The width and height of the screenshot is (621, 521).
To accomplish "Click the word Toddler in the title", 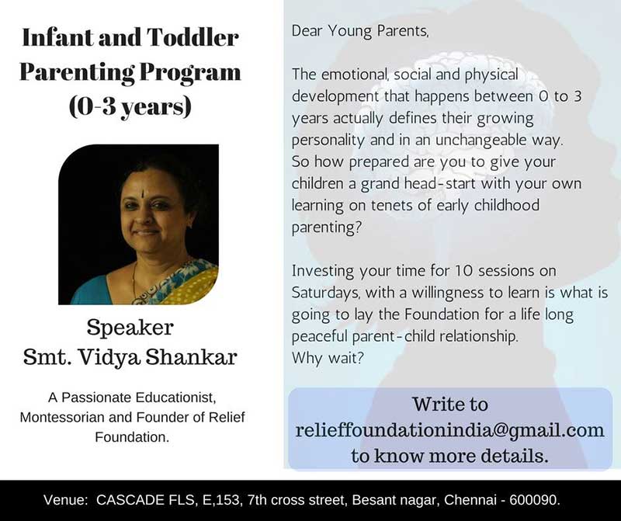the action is pyautogui.click(x=193, y=37).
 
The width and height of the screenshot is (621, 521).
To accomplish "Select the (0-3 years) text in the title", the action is pyautogui.click(x=130, y=106).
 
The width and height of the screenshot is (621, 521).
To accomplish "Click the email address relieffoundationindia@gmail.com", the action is pyautogui.click(x=450, y=430).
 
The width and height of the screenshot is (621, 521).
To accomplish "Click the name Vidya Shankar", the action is pyautogui.click(x=158, y=357).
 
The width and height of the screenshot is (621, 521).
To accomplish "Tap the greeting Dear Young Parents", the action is pyautogui.click(x=360, y=31).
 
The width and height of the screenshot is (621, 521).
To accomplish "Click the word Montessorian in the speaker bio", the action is pyautogui.click(x=62, y=418).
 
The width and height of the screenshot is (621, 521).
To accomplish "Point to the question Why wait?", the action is pyautogui.click(x=328, y=358).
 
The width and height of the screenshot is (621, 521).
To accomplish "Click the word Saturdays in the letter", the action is pyautogui.click(x=325, y=293).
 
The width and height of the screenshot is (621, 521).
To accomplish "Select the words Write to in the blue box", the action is pyautogui.click(x=450, y=404).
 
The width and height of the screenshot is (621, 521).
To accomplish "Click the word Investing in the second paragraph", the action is pyautogui.click(x=323, y=272).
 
